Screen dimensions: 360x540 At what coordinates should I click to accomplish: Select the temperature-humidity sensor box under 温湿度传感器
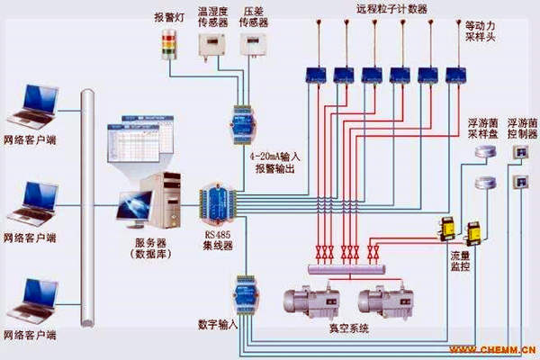210,46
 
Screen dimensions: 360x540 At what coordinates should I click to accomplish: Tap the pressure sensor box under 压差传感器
251,46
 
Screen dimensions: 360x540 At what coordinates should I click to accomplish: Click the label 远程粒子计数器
391,9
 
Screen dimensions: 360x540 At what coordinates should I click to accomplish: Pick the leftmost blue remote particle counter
317,74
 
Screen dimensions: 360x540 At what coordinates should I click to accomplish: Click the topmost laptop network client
31,103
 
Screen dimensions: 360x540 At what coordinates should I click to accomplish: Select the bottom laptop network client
31,301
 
